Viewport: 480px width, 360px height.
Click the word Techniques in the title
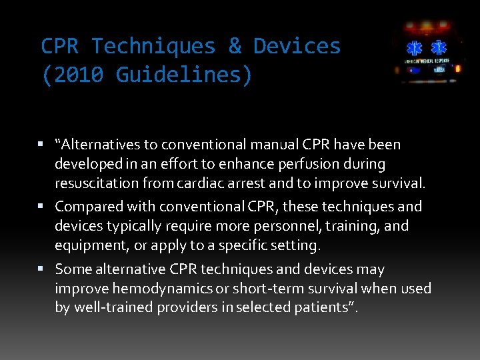pyautogui.click(x=153, y=47)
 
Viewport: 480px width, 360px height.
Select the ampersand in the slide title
pyautogui.click(x=235, y=47)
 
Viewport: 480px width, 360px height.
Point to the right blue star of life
pyautogui.click(x=439, y=49)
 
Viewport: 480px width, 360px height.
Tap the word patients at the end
pyautogui.click(x=330, y=308)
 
